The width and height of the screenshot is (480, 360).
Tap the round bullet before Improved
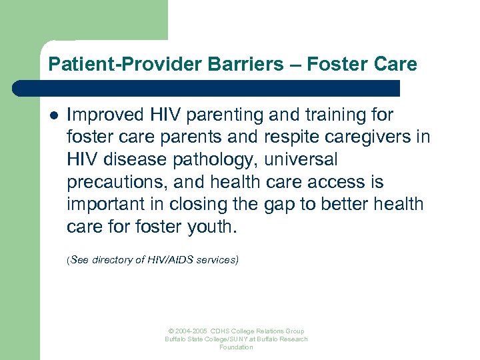(54, 115)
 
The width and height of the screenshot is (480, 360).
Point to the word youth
(213, 227)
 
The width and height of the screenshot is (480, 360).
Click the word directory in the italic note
(112, 260)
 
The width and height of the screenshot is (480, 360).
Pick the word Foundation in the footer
(237, 347)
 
